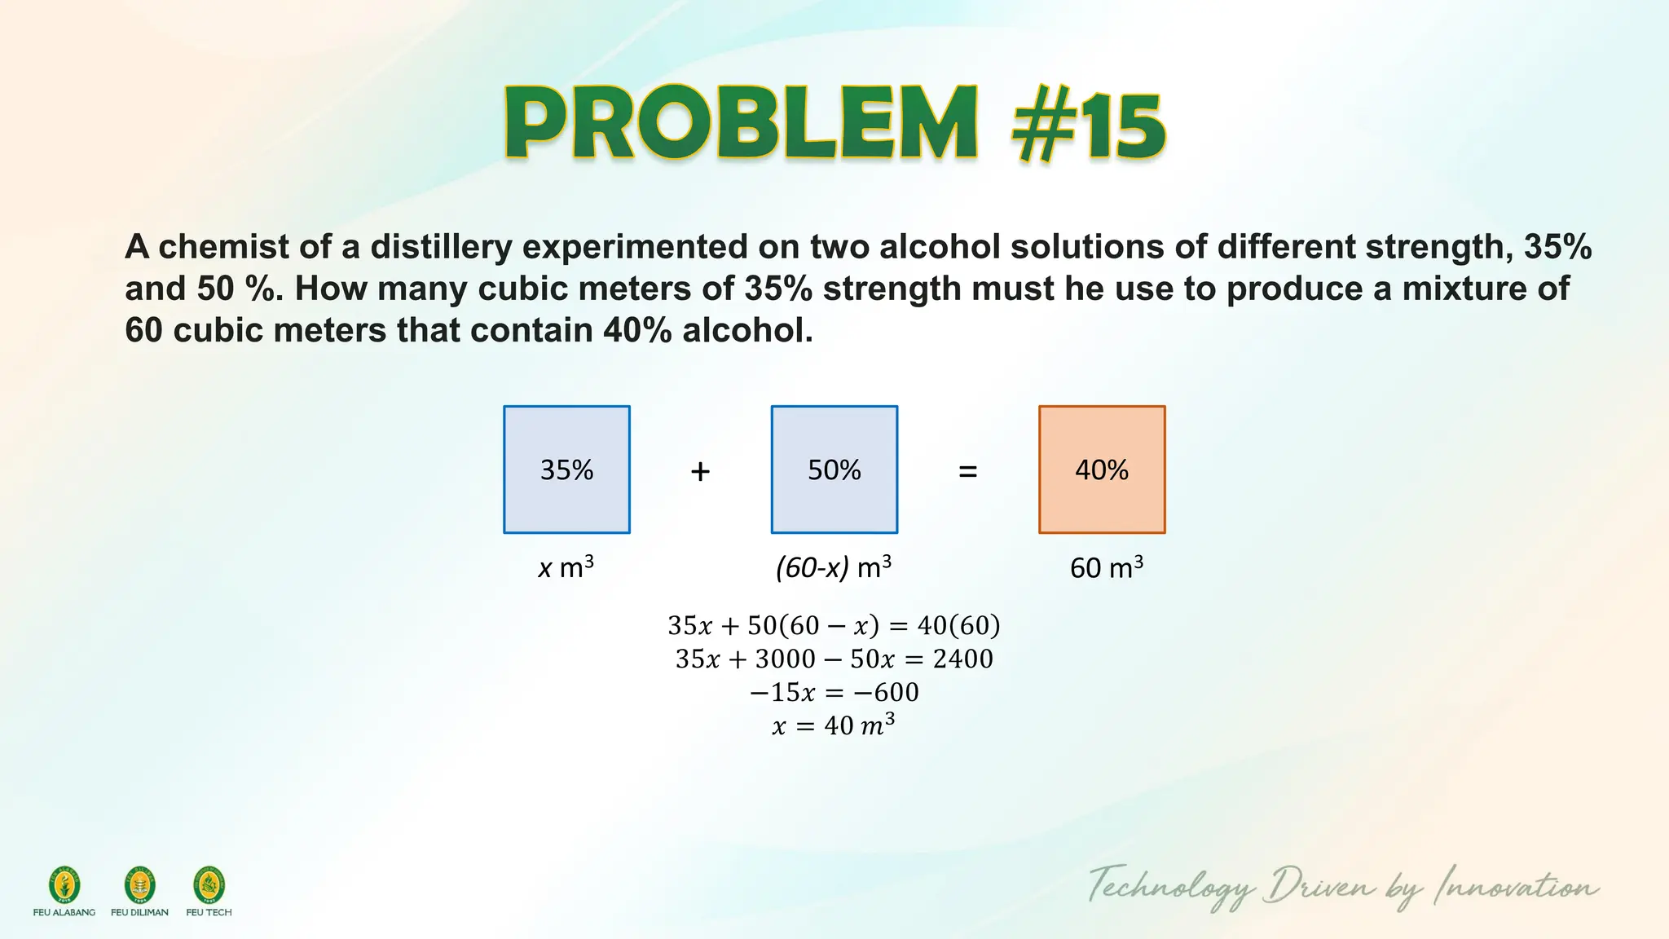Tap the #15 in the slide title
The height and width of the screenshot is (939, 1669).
click(1089, 126)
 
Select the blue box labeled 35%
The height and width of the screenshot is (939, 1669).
click(566, 469)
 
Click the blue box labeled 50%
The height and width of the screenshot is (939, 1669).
click(834, 469)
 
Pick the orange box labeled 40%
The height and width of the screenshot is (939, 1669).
click(1102, 469)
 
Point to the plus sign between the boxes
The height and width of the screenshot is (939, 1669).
click(700, 471)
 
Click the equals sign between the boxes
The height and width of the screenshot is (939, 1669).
click(967, 471)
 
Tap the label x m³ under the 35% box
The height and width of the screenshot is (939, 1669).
click(566, 566)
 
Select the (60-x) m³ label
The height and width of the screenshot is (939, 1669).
click(834, 566)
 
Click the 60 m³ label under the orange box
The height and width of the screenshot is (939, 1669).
click(1106, 566)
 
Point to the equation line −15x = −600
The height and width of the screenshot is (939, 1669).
click(834, 692)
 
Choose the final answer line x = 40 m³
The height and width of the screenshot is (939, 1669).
click(834, 725)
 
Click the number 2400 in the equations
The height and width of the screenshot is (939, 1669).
click(962, 659)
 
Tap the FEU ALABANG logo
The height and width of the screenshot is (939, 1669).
click(64, 886)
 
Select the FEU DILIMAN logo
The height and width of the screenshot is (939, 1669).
click(139, 886)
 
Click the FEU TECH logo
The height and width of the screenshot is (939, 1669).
click(209, 886)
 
